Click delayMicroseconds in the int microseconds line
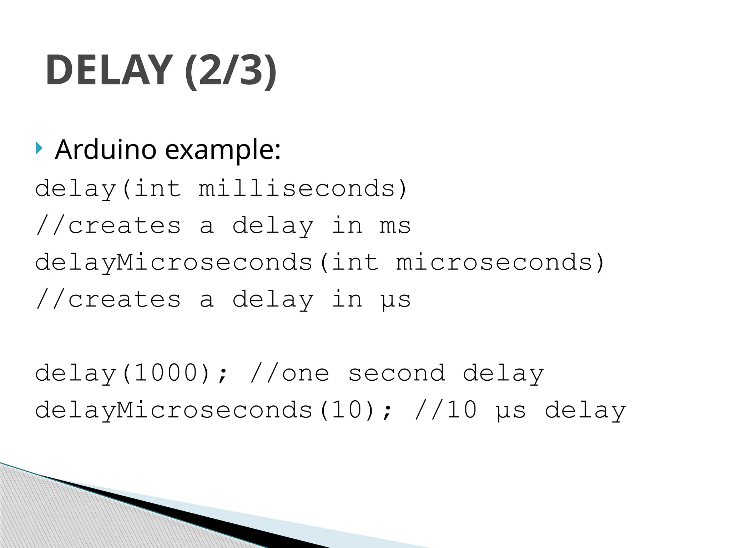(174, 263)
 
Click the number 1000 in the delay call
(166, 373)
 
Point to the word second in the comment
(397, 373)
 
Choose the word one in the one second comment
(306, 373)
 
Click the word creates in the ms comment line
(125, 226)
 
